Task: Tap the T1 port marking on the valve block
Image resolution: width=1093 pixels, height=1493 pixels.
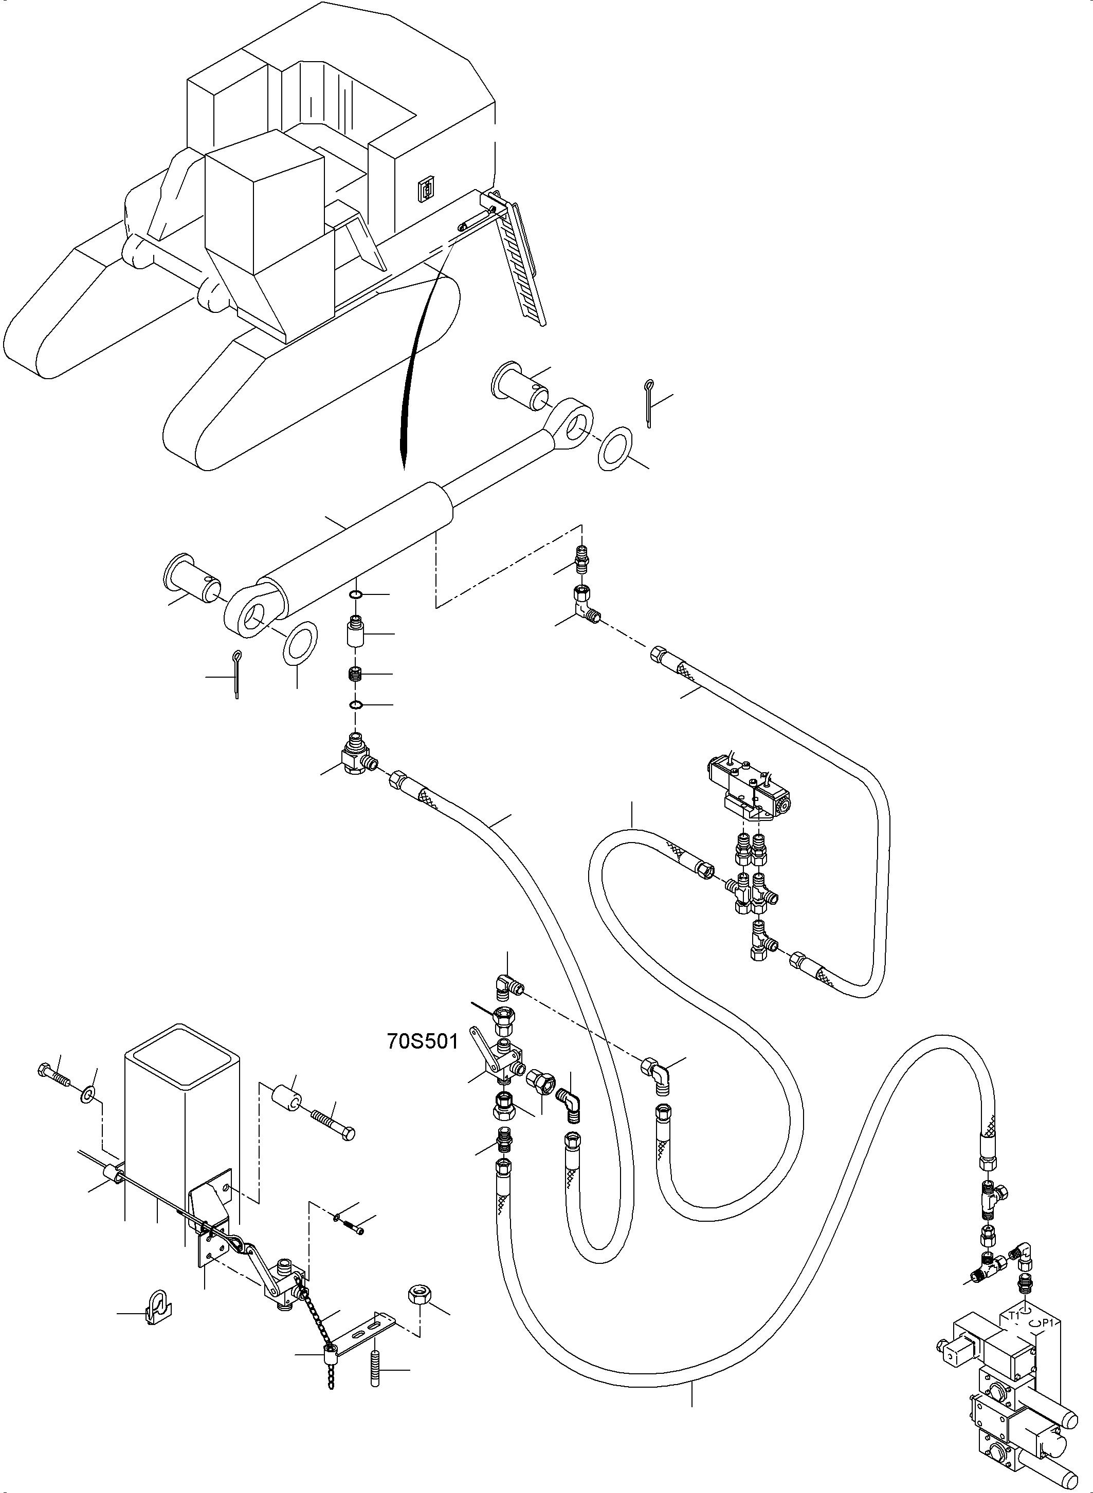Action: (x=1014, y=1316)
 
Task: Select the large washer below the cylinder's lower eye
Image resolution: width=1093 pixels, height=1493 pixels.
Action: (x=300, y=643)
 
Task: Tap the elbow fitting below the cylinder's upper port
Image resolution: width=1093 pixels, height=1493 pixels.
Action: (x=584, y=604)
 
